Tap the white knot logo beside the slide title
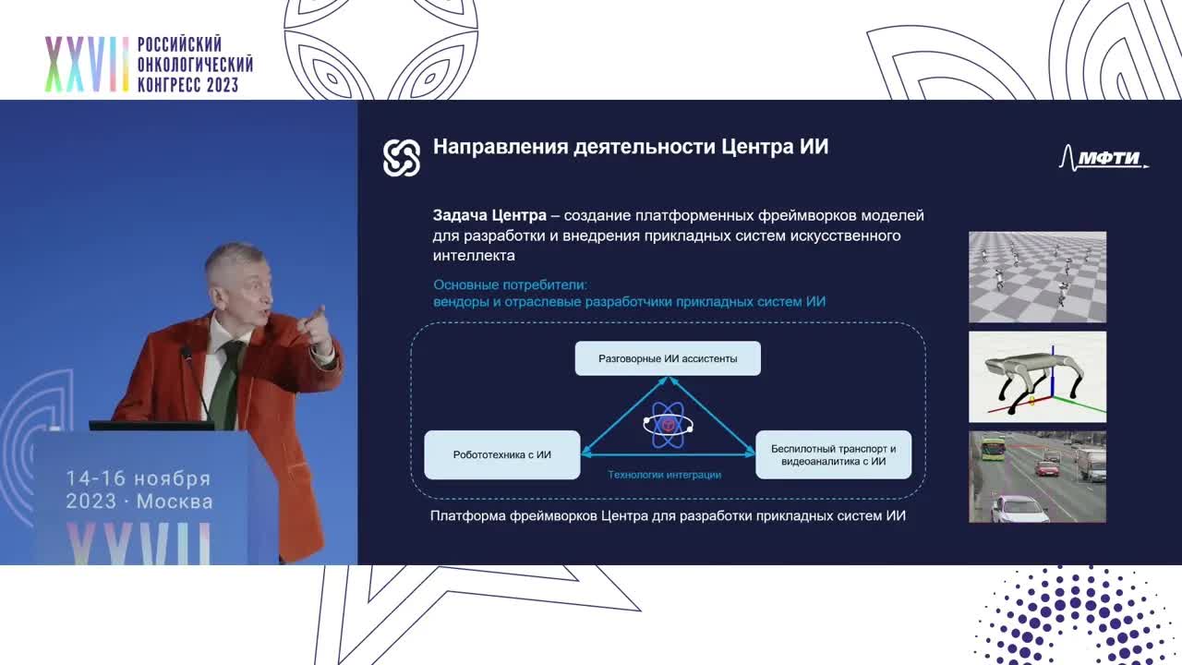(x=402, y=158)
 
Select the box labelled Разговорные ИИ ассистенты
(x=668, y=358)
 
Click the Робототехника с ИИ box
(x=501, y=454)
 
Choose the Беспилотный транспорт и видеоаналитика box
(x=833, y=454)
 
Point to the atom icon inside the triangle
(x=667, y=426)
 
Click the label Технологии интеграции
(x=664, y=475)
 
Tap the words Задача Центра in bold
(x=489, y=215)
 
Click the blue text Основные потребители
(x=510, y=285)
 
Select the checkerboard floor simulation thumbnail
(x=1037, y=277)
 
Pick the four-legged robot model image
(x=1037, y=377)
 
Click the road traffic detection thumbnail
(x=1037, y=477)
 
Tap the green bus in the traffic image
(x=993, y=449)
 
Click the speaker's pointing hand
(x=319, y=328)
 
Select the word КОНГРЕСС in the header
(x=172, y=85)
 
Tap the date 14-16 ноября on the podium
(x=138, y=478)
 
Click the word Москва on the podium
(x=175, y=502)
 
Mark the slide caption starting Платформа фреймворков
(x=668, y=515)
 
